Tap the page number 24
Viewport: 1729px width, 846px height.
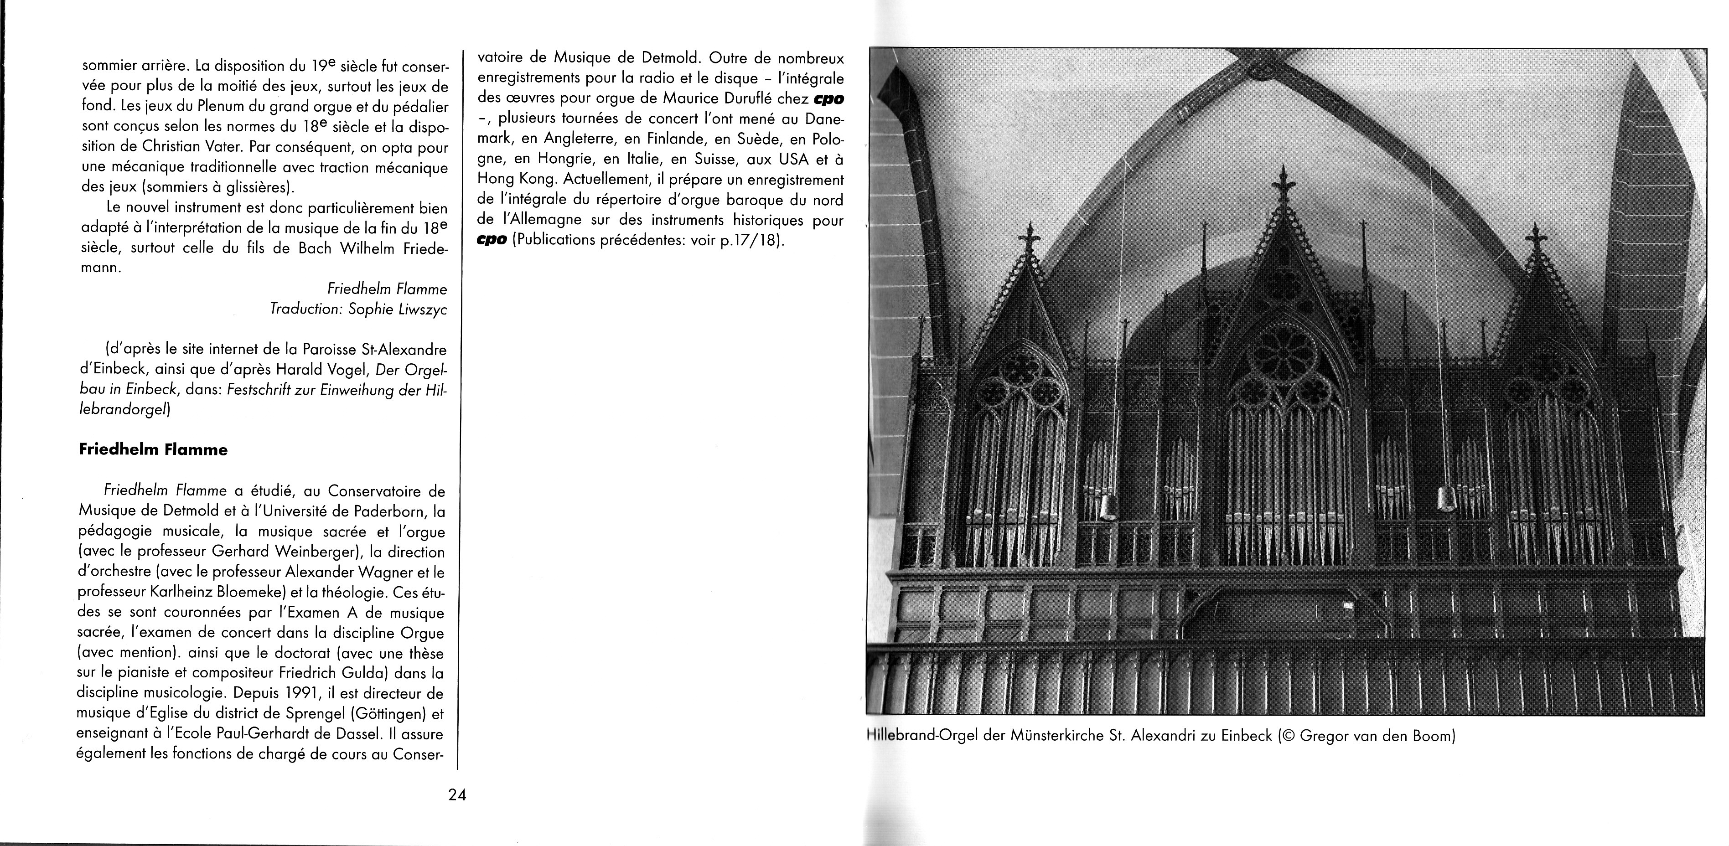point(457,796)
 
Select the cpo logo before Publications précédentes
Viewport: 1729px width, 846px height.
point(492,240)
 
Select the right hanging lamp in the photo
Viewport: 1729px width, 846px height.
point(1445,499)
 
